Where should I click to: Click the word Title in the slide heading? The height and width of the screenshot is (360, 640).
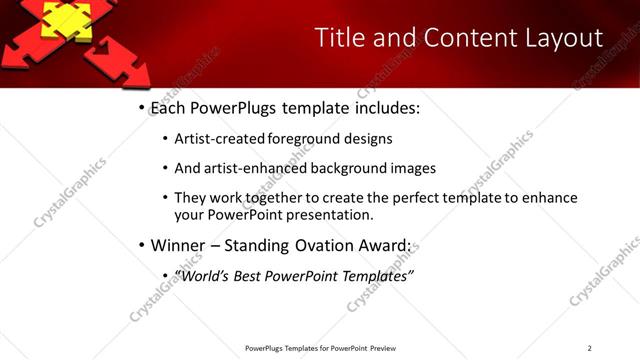(x=339, y=38)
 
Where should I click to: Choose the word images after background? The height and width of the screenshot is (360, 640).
(x=414, y=168)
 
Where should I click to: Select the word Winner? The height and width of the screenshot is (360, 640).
(x=177, y=245)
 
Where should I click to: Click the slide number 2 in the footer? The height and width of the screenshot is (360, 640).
(x=589, y=348)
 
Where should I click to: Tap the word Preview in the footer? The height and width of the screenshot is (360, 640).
(x=383, y=348)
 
